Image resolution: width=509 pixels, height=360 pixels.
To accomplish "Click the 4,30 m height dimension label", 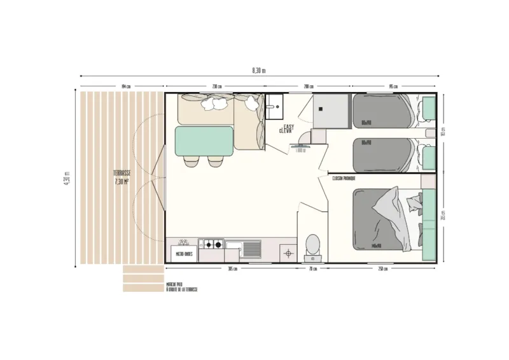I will pos(68,177).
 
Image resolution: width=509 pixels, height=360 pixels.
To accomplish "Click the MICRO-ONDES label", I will pos(184,254).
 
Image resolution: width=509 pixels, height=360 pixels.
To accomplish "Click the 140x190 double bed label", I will pos(375,245).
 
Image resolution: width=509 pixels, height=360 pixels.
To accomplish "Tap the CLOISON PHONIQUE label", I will pos(344,179).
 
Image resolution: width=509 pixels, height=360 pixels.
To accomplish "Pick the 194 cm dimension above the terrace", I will pos(125,87).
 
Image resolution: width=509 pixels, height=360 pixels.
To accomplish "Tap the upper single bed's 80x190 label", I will pos(366,122).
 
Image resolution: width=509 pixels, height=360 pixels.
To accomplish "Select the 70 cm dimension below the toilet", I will pos(312,268).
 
